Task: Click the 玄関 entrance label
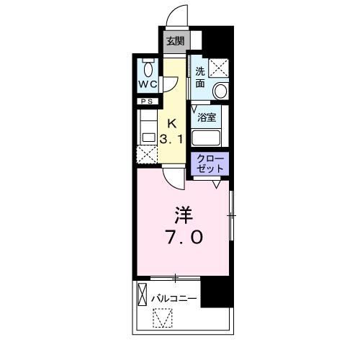point(175,41)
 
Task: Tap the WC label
point(148,84)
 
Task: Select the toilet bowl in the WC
point(148,70)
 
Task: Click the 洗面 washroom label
point(199,77)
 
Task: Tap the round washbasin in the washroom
point(220,91)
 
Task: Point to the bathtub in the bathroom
point(209,137)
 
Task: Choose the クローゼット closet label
point(210,163)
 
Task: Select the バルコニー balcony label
point(174,296)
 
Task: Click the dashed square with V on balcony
point(163,318)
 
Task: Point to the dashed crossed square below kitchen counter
point(147,153)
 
